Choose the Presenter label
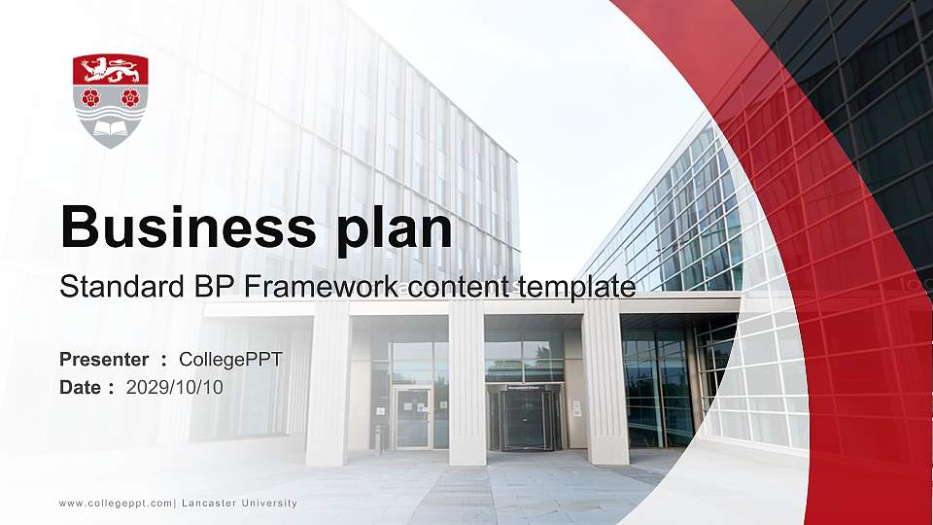click(104, 360)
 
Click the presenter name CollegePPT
click(230, 360)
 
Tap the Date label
click(82, 387)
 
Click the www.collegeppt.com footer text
click(116, 504)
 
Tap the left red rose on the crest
click(91, 97)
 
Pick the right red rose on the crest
click(129, 97)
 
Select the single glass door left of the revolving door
click(413, 417)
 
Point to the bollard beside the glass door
click(378, 439)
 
